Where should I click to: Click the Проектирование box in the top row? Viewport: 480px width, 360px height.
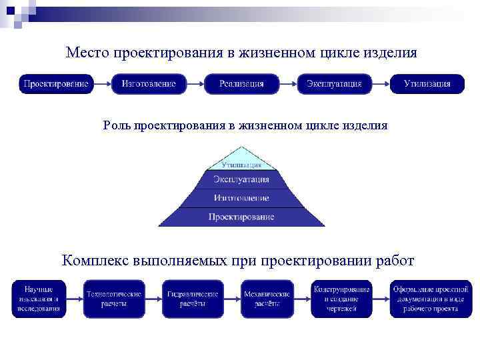[x=55, y=84]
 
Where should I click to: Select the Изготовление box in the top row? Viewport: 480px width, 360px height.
[x=148, y=84]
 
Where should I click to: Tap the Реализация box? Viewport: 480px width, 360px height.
[x=241, y=84]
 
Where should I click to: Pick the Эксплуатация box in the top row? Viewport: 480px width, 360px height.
[x=334, y=84]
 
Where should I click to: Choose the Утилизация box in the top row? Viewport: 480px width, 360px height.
[x=427, y=84]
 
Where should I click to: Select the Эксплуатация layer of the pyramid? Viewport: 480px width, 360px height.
[x=241, y=179]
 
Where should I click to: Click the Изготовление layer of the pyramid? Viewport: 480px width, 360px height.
[x=241, y=198]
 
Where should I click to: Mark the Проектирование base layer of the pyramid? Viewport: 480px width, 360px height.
[x=241, y=217]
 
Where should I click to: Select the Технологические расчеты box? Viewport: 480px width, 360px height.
[x=114, y=298]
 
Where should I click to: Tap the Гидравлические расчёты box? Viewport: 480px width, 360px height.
[x=192, y=298]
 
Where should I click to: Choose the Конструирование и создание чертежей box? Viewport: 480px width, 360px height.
[x=342, y=298]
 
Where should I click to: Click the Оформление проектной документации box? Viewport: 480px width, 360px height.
[x=430, y=298]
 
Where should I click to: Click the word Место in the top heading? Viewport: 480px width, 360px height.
[x=88, y=52]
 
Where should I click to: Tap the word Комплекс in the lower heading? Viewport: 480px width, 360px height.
[x=96, y=260]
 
